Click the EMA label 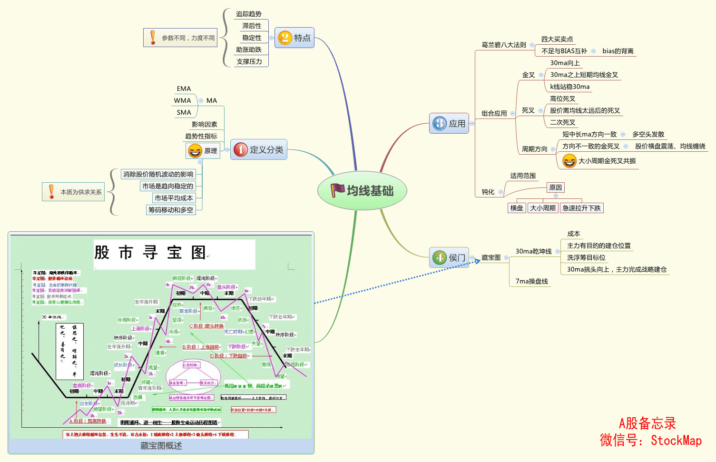pyautogui.click(x=184, y=89)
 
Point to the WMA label pyautogui.click(x=182, y=101)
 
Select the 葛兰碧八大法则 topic pyautogui.click(x=504, y=45)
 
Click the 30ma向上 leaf pyautogui.click(x=565, y=63)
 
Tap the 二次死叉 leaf pyautogui.click(x=563, y=123)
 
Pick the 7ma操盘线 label pyautogui.click(x=532, y=282)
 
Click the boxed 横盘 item pyautogui.click(x=517, y=208)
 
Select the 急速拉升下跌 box pyautogui.click(x=581, y=208)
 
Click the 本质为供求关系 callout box pyautogui.click(x=74, y=192)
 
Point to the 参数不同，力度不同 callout pyautogui.click(x=180, y=38)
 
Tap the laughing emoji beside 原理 pyautogui.click(x=195, y=151)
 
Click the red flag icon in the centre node pyautogui.click(x=337, y=190)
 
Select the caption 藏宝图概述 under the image pyautogui.click(x=161, y=446)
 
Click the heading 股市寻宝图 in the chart pyautogui.click(x=150, y=253)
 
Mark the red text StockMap pyautogui.click(x=676, y=441)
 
